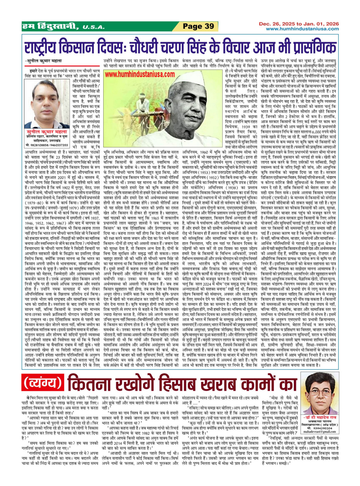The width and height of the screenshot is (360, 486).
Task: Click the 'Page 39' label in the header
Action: (198, 26)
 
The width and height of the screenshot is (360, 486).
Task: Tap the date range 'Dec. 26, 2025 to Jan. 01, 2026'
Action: (298, 24)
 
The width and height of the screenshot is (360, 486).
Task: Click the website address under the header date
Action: (302, 29)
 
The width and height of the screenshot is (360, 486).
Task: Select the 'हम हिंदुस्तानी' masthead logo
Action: (51, 27)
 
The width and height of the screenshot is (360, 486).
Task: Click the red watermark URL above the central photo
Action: (140, 75)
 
